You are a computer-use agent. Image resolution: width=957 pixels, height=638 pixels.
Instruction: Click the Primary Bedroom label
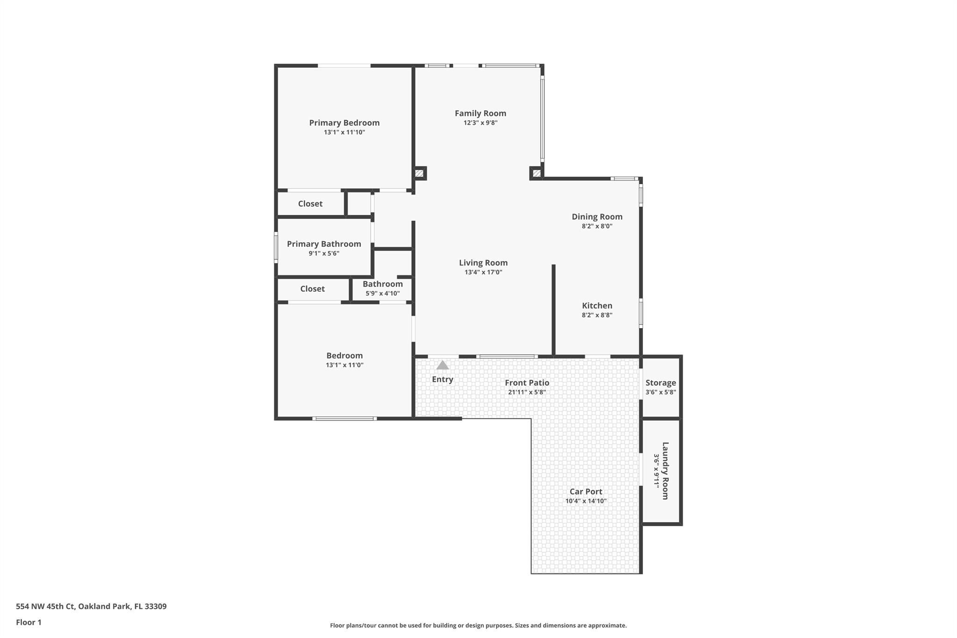tap(344, 123)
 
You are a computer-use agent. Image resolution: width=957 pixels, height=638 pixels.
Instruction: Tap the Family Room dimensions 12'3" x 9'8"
tap(480, 123)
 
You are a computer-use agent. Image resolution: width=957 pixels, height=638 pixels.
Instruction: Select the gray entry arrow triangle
tap(443, 365)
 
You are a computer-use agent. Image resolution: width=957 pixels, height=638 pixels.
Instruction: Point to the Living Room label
tap(483, 263)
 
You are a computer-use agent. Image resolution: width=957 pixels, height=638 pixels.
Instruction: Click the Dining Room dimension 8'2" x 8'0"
tap(597, 226)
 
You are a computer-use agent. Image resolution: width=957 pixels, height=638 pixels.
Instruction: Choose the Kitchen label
tap(597, 306)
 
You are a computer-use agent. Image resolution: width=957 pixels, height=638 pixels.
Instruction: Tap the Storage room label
tap(661, 383)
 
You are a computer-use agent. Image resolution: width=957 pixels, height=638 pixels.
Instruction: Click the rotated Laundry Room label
tap(665, 471)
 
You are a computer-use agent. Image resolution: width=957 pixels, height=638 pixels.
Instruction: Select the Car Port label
tap(586, 492)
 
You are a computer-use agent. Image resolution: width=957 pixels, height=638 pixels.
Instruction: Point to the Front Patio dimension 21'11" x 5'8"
tap(527, 392)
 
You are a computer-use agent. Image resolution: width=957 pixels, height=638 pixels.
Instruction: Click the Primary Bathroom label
tap(324, 244)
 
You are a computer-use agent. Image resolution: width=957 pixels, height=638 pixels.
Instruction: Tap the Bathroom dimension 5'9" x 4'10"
tap(382, 294)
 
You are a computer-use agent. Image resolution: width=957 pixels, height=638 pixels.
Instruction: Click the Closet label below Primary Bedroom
tap(310, 204)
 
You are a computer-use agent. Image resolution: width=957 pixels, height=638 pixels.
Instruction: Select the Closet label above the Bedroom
tap(312, 289)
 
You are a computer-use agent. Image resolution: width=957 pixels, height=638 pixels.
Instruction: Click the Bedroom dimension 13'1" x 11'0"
tap(344, 365)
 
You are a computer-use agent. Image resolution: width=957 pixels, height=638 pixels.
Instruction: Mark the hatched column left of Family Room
tap(419, 173)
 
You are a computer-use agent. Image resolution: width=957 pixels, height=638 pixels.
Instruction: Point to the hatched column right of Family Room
tap(536, 173)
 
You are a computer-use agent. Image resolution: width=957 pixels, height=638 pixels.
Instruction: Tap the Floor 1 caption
tap(29, 622)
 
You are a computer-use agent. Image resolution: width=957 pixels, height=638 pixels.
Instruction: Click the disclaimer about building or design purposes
tap(478, 625)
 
